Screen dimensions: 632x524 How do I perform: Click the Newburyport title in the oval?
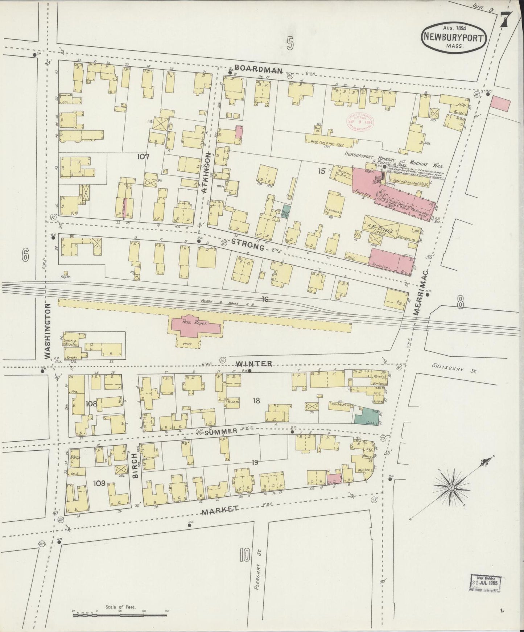(x=454, y=37)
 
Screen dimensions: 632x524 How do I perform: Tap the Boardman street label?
(x=258, y=70)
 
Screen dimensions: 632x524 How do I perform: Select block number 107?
(x=144, y=157)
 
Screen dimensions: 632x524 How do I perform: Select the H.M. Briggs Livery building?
(x=381, y=229)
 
